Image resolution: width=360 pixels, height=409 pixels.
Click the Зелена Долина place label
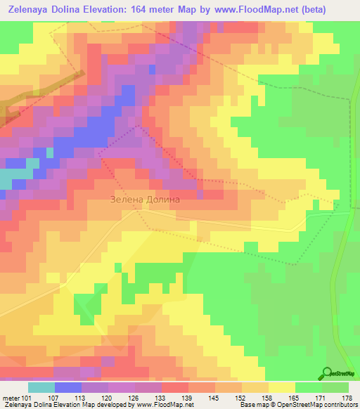point(146,199)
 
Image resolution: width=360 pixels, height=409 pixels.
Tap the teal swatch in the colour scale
point(41,387)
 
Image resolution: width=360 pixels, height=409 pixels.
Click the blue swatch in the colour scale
point(68,387)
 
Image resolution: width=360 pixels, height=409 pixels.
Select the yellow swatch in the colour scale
point(282,387)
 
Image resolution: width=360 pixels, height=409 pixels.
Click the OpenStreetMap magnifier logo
point(328,373)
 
